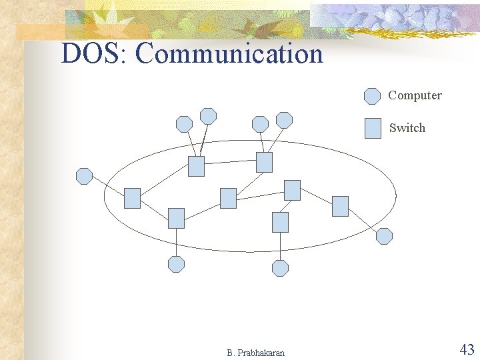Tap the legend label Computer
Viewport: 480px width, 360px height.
coord(415,95)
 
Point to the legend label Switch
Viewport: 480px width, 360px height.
coord(407,128)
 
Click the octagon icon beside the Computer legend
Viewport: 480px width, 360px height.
coord(372,96)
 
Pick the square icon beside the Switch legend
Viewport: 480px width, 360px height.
coord(373,128)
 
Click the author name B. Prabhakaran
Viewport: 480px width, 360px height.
coord(255,353)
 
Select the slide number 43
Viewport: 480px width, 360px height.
coord(466,349)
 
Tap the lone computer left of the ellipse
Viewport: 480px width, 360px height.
coord(85,176)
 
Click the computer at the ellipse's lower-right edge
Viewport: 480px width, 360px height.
coord(384,236)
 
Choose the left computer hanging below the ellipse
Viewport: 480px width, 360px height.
coord(176,264)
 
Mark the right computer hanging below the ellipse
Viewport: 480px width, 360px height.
coord(281,268)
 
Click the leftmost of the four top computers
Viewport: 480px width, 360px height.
coord(184,124)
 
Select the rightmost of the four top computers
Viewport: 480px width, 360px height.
coord(285,120)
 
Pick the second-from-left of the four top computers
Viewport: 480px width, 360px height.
coord(209,116)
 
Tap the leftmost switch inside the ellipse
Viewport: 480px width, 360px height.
coord(133,198)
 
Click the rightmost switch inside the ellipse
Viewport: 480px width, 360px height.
coord(340,206)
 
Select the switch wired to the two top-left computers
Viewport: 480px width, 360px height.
coord(196,166)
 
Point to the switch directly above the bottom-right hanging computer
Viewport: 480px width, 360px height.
coord(281,222)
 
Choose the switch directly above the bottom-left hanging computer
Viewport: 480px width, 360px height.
coord(176,218)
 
